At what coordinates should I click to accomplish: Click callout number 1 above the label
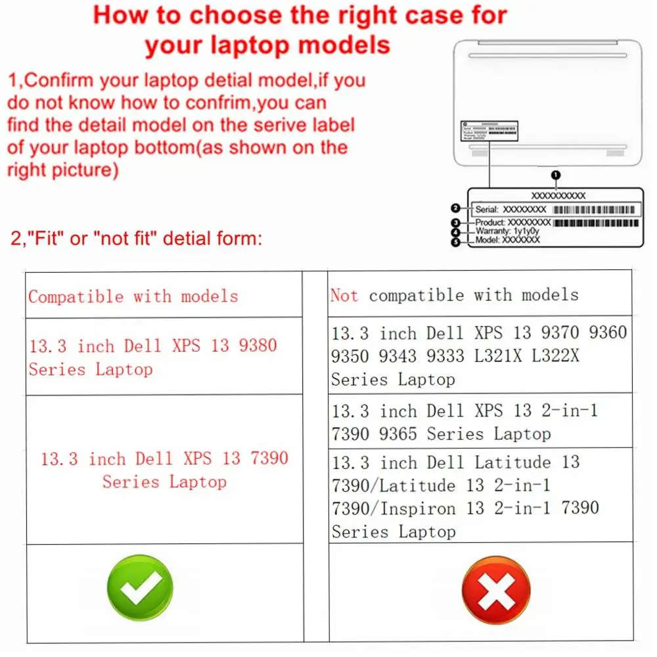point(556,175)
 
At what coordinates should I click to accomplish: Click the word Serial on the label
point(487,209)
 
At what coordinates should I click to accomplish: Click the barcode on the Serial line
point(594,209)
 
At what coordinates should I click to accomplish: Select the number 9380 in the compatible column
point(258,345)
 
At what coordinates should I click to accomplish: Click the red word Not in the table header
point(344,295)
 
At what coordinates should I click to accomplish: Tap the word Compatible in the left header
point(76,296)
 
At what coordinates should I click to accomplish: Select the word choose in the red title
point(230,15)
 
